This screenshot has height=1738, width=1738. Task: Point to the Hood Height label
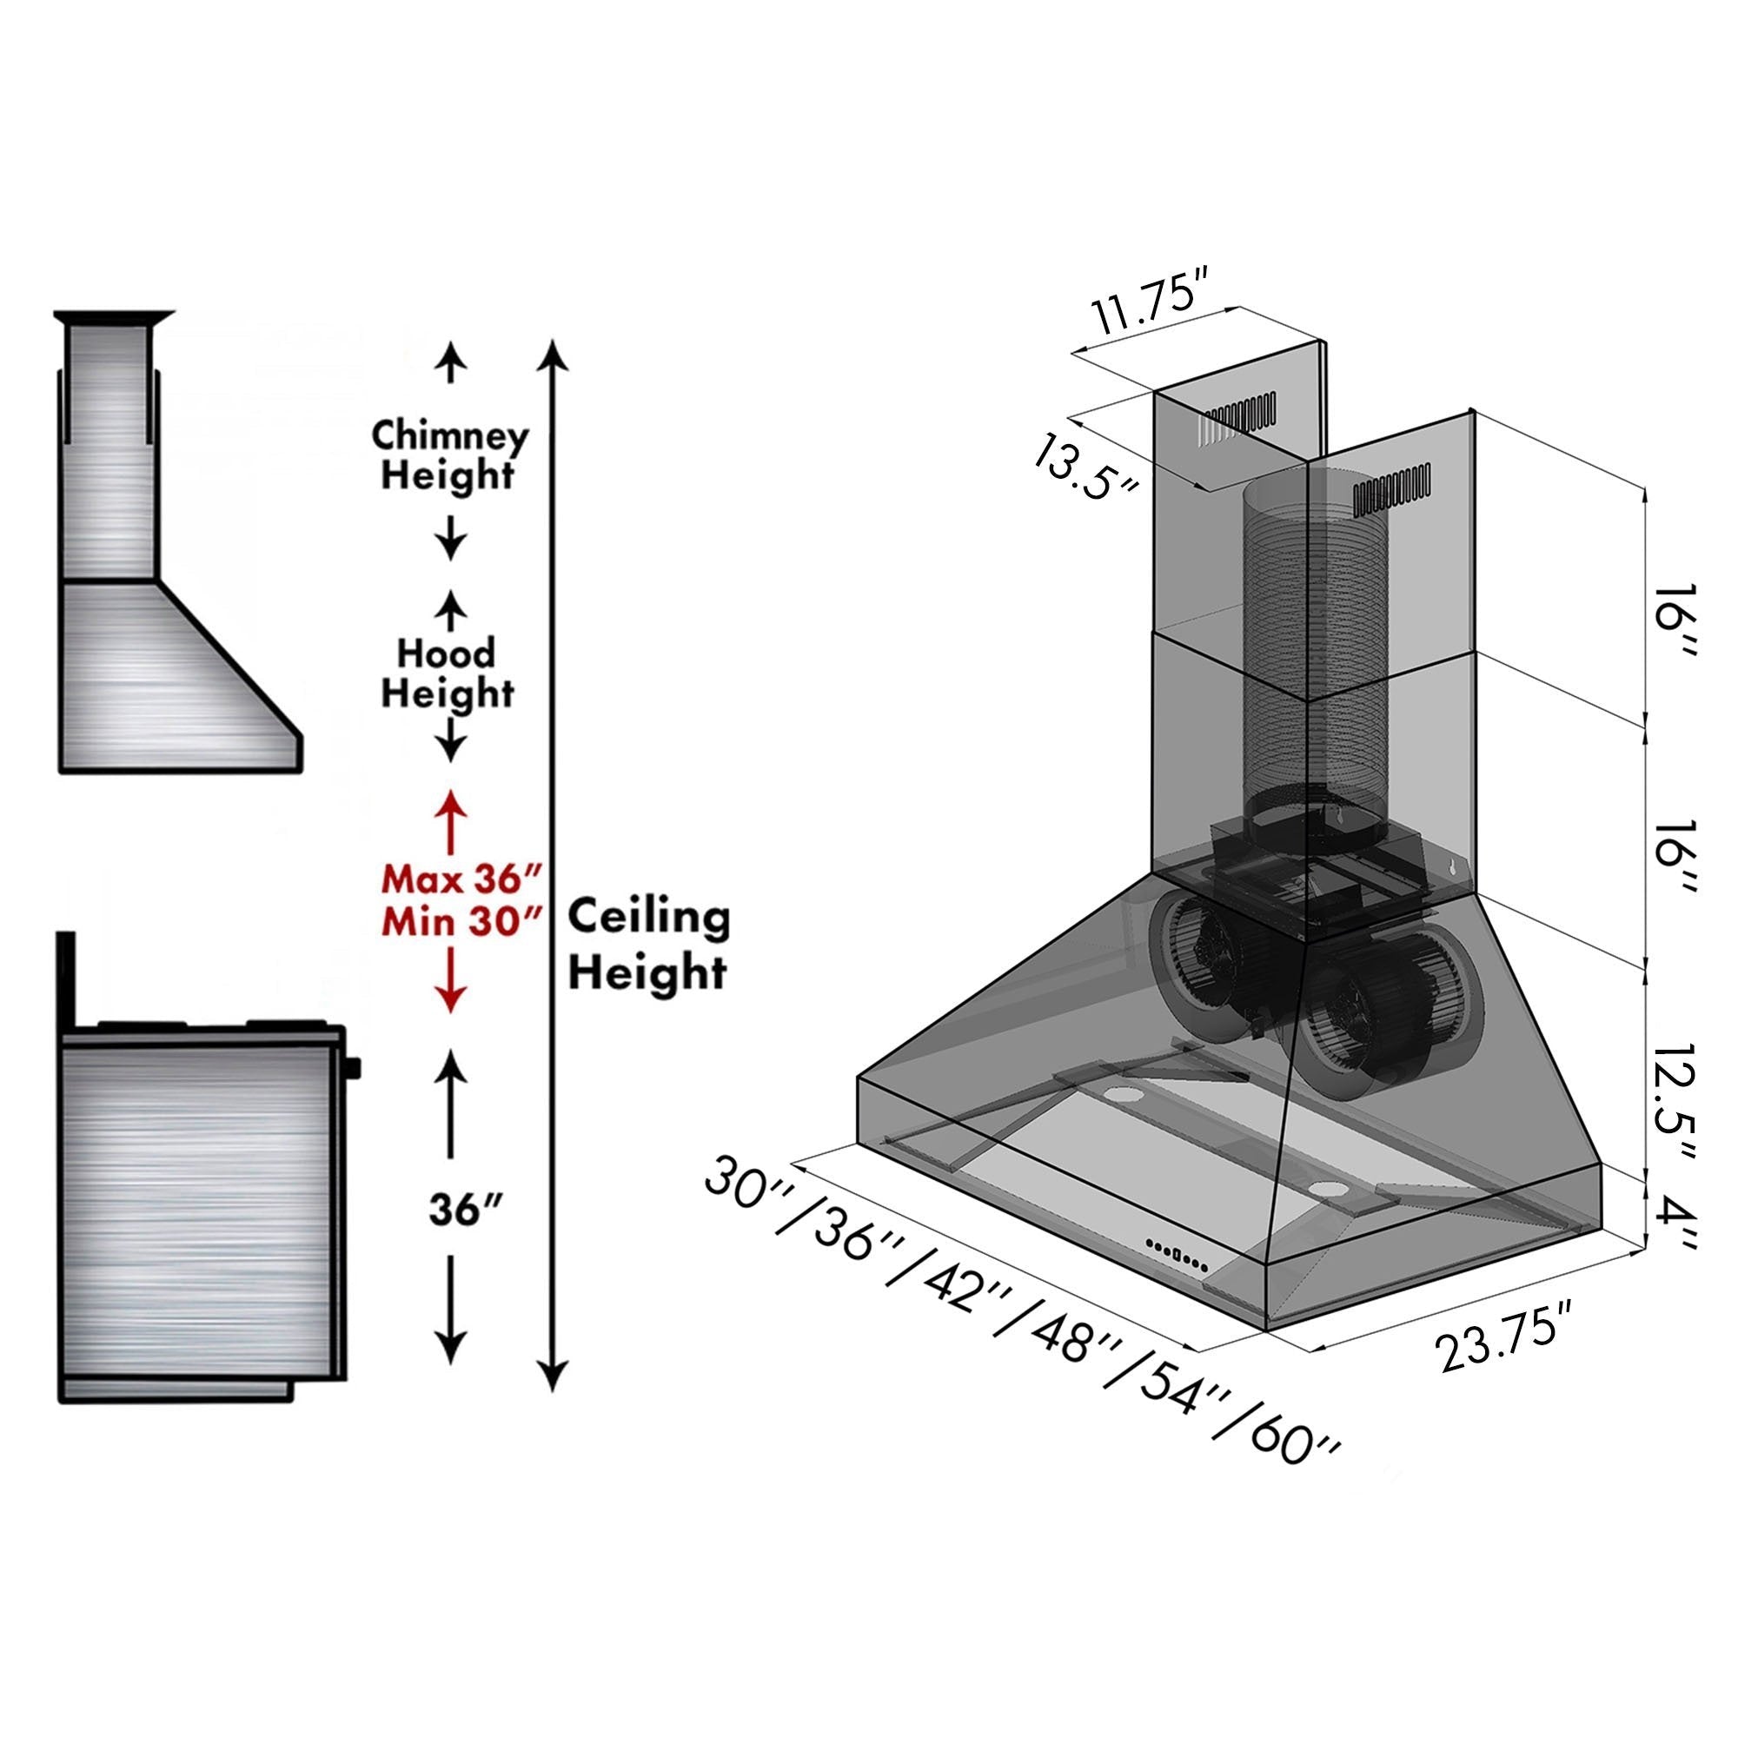[447, 673]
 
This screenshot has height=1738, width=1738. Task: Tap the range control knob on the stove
[352, 1068]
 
